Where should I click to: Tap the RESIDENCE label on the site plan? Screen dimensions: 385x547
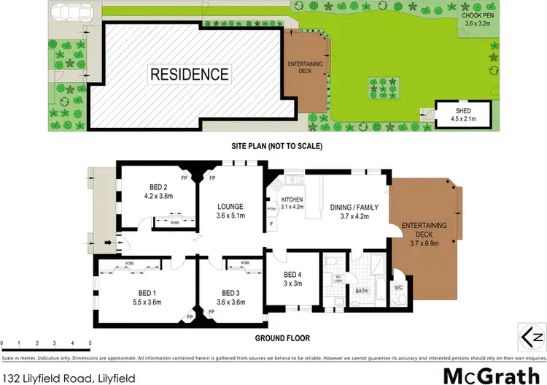[190, 74]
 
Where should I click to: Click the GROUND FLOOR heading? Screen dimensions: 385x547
[283, 338]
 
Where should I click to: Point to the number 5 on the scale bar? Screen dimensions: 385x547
[90, 343]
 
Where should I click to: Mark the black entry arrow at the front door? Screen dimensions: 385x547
[108, 242]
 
